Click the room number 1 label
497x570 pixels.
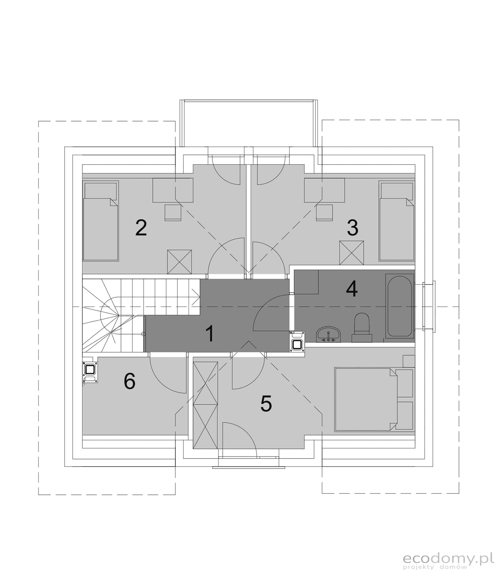click(210, 334)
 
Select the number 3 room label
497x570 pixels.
click(353, 228)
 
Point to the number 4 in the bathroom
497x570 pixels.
click(352, 289)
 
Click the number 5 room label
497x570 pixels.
click(266, 404)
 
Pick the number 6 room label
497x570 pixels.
click(130, 381)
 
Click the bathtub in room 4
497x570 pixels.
click(400, 306)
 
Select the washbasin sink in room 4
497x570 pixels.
click(328, 335)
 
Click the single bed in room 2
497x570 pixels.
click(101, 221)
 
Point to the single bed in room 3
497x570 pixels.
click(397, 221)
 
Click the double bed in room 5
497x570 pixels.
click(366, 400)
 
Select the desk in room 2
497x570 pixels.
click(173, 190)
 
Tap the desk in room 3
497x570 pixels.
click(324, 190)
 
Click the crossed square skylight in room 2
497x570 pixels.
click(180, 262)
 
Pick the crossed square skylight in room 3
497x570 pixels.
click(352, 253)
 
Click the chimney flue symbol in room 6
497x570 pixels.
click(90, 372)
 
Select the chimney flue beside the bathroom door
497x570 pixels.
click(297, 342)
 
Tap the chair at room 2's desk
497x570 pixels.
click(173, 212)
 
